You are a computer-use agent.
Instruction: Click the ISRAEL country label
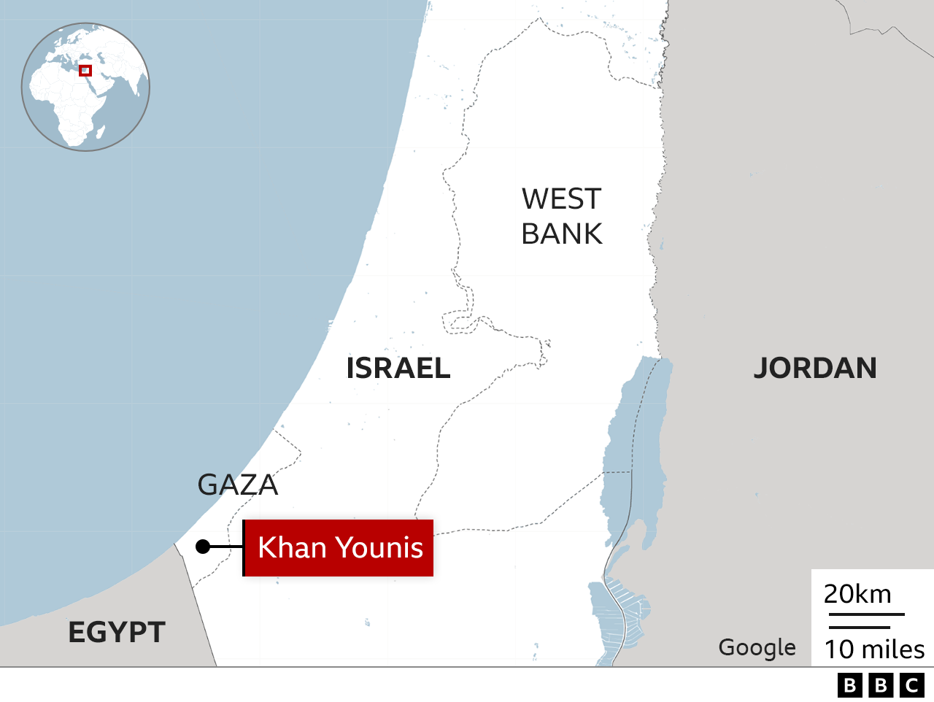(x=398, y=369)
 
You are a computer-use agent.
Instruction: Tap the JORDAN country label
(x=814, y=369)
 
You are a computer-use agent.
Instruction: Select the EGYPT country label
(x=117, y=632)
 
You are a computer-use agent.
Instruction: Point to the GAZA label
(x=238, y=485)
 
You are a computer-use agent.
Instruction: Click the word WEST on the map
(x=561, y=199)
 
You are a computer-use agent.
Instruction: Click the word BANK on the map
(x=561, y=234)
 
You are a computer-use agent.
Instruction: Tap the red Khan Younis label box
(x=339, y=548)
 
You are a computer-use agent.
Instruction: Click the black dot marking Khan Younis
(x=203, y=547)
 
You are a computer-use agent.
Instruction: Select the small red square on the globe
(x=85, y=71)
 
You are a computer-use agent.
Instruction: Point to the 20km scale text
(x=857, y=594)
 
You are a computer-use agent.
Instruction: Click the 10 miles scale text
(x=874, y=649)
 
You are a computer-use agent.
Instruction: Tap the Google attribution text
(x=757, y=647)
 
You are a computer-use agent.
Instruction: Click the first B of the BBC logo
(x=849, y=685)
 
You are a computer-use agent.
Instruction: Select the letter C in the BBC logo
(x=912, y=685)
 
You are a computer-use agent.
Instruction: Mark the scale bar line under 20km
(x=865, y=614)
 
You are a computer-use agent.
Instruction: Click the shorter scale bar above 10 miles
(x=860, y=627)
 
